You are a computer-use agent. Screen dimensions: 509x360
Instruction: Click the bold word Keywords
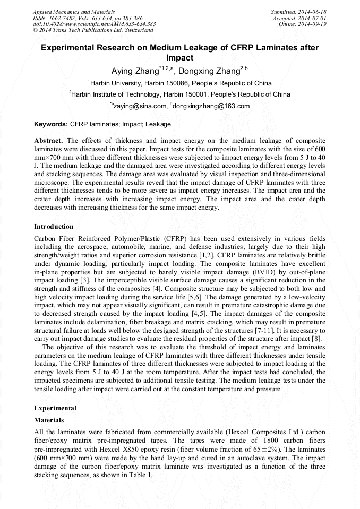point(50,124)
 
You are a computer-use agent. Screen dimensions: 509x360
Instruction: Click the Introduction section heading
point(54,227)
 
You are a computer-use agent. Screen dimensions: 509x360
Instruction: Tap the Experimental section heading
point(55,408)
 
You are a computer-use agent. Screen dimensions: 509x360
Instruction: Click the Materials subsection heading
point(49,420)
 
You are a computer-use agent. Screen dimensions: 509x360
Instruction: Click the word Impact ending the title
point(179,57)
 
